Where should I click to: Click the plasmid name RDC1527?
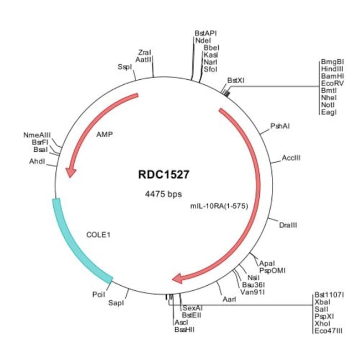(x=163, y=174)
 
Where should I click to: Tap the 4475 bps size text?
(x=163, y=194)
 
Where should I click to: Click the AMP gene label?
(x=104, y=134)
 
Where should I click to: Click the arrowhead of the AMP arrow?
(x=70, y=172)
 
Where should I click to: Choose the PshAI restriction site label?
(x=280, y=126)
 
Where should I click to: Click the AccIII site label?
(x=291, y=158)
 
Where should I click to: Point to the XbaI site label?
(x=322, y=302)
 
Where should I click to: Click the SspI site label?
(x=125, y=66)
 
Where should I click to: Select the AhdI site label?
(x=37, y=161)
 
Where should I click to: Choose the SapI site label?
(x=116, y=303)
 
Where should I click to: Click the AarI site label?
(x=229, y=299)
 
